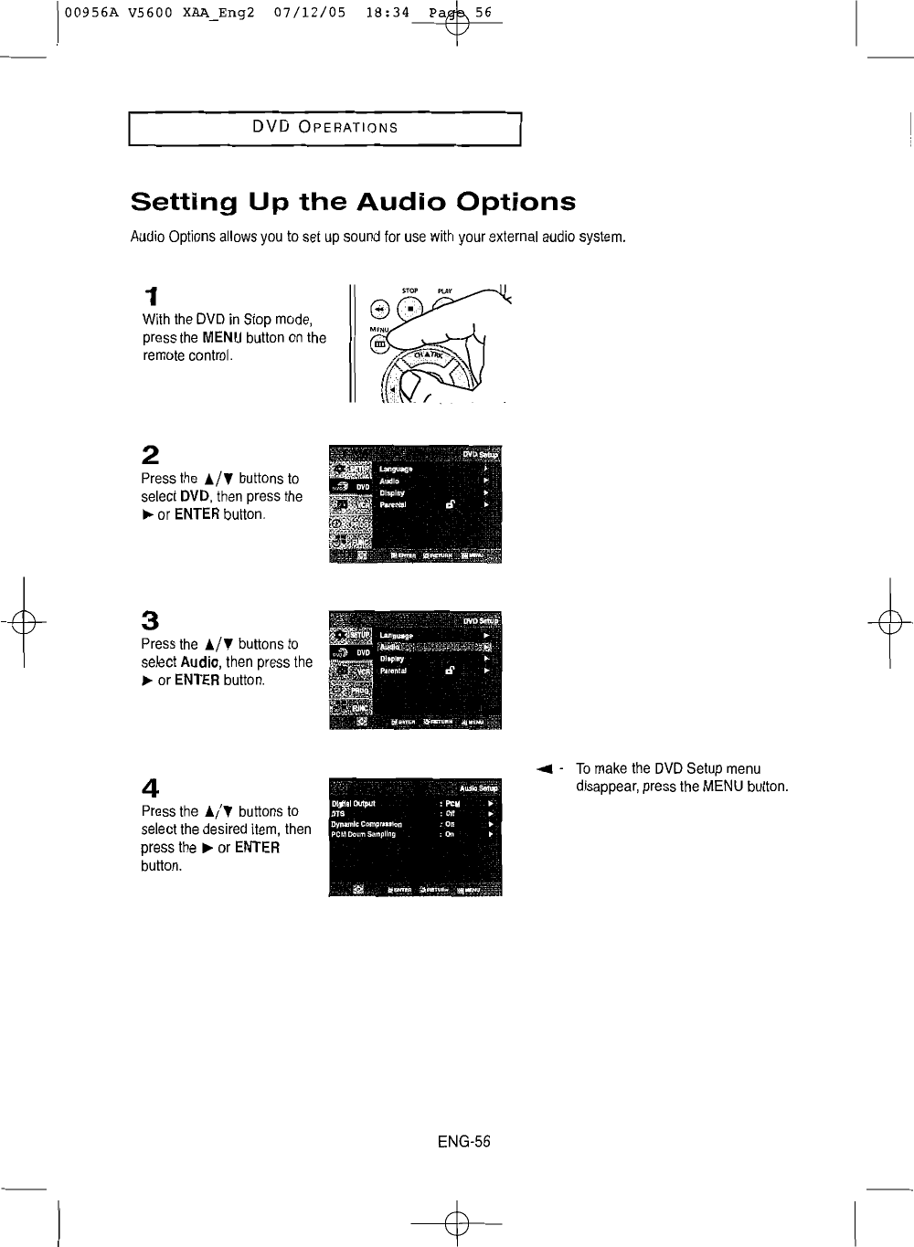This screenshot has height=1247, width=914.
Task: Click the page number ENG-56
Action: pyautogui.click(x=463, y=1141)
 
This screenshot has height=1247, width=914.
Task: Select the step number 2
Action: pyautogui.click(x=151, y=454)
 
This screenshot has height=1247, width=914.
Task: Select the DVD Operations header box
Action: pyautogui.click(x=324, y=127)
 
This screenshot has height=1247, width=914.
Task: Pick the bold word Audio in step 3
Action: pyautogui.click(x=197, y=662)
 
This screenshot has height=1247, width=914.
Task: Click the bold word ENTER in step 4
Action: pyautogui.click(x=257, y=848)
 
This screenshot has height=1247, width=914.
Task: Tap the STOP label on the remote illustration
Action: pyautogui.click(x=409, y=291)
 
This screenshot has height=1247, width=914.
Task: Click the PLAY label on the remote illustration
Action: pyautogui.click(x=445, y=291)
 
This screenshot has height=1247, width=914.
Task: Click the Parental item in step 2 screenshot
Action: pyautogui.click(x=396, y=503)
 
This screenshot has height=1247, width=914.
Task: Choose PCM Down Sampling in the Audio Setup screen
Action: pyautogui.click(x=364, y=834)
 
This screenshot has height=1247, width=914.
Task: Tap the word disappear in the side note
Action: pyautogui.click(x=605, y=787)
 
